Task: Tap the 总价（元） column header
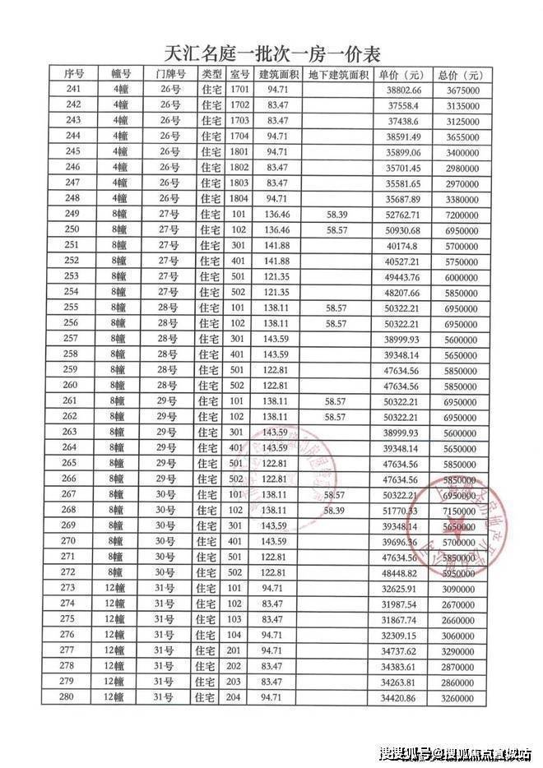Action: point(458,74)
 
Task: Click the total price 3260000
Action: point(458,698)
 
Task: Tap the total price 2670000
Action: point(458,604)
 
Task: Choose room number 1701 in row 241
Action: point(239,89)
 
